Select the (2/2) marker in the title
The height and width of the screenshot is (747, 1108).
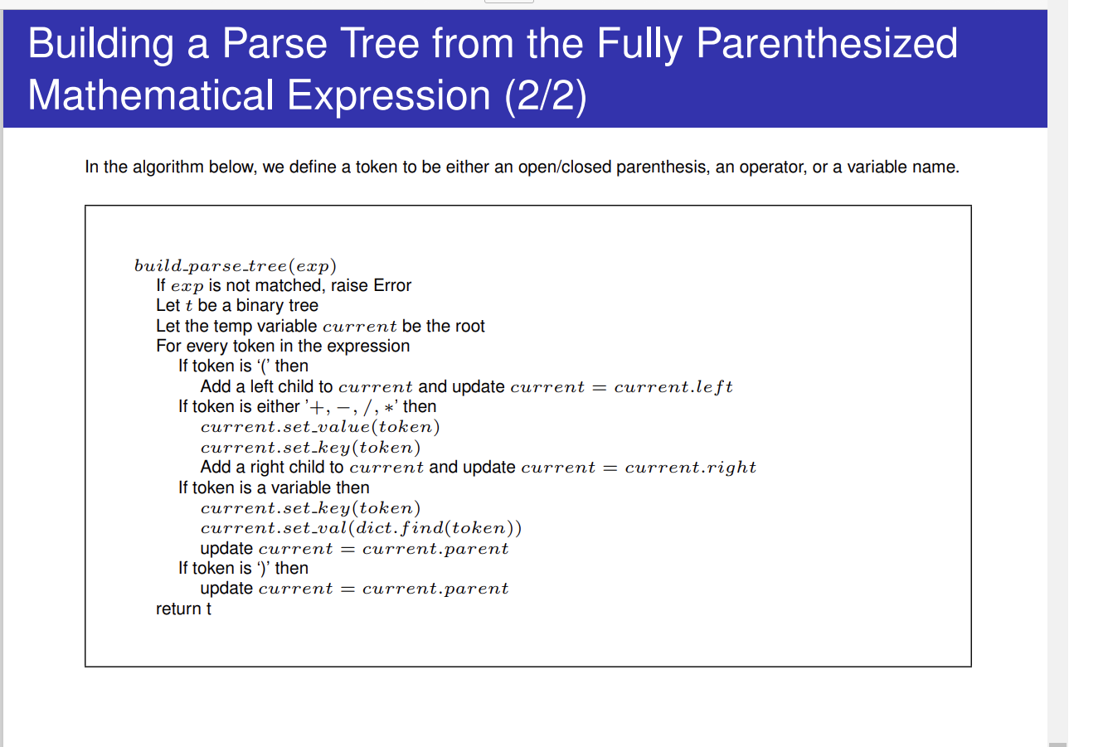click(546, 96)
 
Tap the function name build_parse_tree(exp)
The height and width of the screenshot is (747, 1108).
click(235, 266)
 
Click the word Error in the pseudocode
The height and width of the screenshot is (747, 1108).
click(391, 285)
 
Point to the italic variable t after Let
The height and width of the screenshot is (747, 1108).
click(188, 306)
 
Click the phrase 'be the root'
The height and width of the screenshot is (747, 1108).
click(443, 327)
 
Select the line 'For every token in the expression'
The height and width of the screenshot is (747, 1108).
click(283, 346)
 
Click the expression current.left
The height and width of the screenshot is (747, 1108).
click(673, 386)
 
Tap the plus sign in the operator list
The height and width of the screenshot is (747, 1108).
click(317, 408)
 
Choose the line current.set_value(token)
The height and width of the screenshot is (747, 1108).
click(320, 427)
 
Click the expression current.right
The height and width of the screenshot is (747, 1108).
click(691, 468)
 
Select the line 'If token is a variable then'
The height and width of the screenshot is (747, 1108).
click(274, 488)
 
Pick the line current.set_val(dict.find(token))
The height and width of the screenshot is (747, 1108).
click(361, 528)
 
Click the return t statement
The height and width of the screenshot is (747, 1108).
click(183, 609)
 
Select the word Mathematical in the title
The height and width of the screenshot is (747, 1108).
click(150, 95)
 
